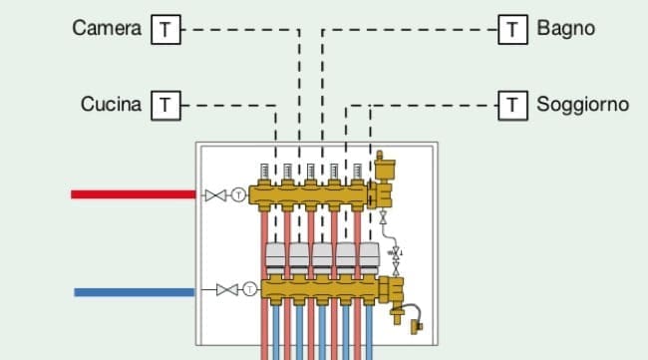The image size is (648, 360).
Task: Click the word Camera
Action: [x=107, y=29]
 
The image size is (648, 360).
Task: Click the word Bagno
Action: [x=565, y=29]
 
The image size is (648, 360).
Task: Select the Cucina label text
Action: [x=111, y=104]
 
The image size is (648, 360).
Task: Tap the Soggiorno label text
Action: [x=582, y=104]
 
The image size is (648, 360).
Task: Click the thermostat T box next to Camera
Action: [x=165, y=30]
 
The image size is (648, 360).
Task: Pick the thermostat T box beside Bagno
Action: [x=512, y=30]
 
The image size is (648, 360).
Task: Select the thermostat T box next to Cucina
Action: [x=165, y=104]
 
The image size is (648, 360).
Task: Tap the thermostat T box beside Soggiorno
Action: [x=512, y=104]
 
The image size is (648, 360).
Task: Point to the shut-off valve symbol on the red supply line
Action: [x=214, y=194]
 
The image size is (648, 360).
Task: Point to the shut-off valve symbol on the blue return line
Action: [x=226, y=290]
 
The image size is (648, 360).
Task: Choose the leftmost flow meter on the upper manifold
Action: [x=264, y=172]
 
